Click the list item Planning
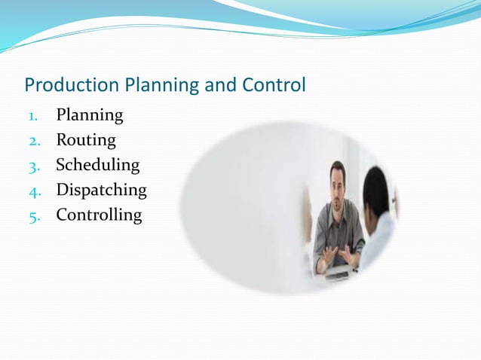(x=90, y=115)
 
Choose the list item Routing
(x=86, y=140)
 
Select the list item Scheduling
(x=98, y=165)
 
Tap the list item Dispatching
(x=102, y=190)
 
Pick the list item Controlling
(x=99, y=215)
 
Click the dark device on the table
(x=337, y=275)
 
